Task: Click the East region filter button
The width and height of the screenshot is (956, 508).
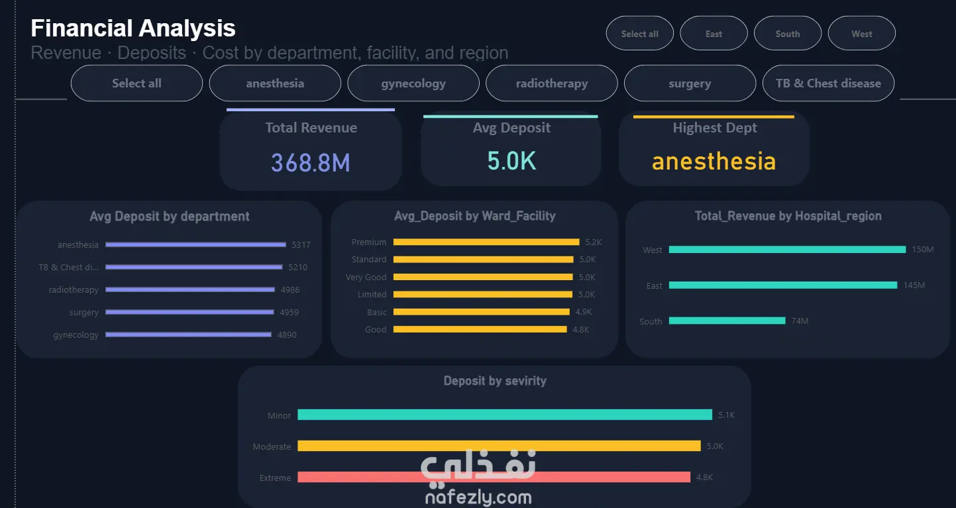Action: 714,33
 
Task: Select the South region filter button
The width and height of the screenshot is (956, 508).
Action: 788,33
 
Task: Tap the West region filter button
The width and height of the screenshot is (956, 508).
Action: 862,33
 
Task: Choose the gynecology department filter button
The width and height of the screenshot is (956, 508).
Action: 413,83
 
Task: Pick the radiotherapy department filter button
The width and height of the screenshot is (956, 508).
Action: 551,83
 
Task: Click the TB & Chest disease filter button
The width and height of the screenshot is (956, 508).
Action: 828,83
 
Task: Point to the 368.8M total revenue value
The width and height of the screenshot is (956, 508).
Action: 311,162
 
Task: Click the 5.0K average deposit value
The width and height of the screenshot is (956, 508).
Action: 511,161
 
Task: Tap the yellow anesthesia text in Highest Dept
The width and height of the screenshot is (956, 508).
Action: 714,161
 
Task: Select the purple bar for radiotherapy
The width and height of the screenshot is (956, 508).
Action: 190,289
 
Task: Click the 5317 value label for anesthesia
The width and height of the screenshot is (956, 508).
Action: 301,245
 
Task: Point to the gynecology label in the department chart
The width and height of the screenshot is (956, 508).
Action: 76,335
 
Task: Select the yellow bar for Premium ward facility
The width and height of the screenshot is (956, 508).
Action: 486,242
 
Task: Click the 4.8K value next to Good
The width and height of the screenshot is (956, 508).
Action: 581,329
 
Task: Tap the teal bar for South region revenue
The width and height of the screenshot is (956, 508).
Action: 727,321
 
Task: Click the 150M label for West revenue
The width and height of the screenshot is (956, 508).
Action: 923,250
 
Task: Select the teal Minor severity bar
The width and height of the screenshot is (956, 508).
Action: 505,415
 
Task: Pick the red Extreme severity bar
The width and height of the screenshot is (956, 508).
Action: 494,477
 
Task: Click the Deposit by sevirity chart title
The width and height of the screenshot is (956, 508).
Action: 495,380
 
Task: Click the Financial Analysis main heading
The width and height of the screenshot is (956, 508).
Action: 133,28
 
